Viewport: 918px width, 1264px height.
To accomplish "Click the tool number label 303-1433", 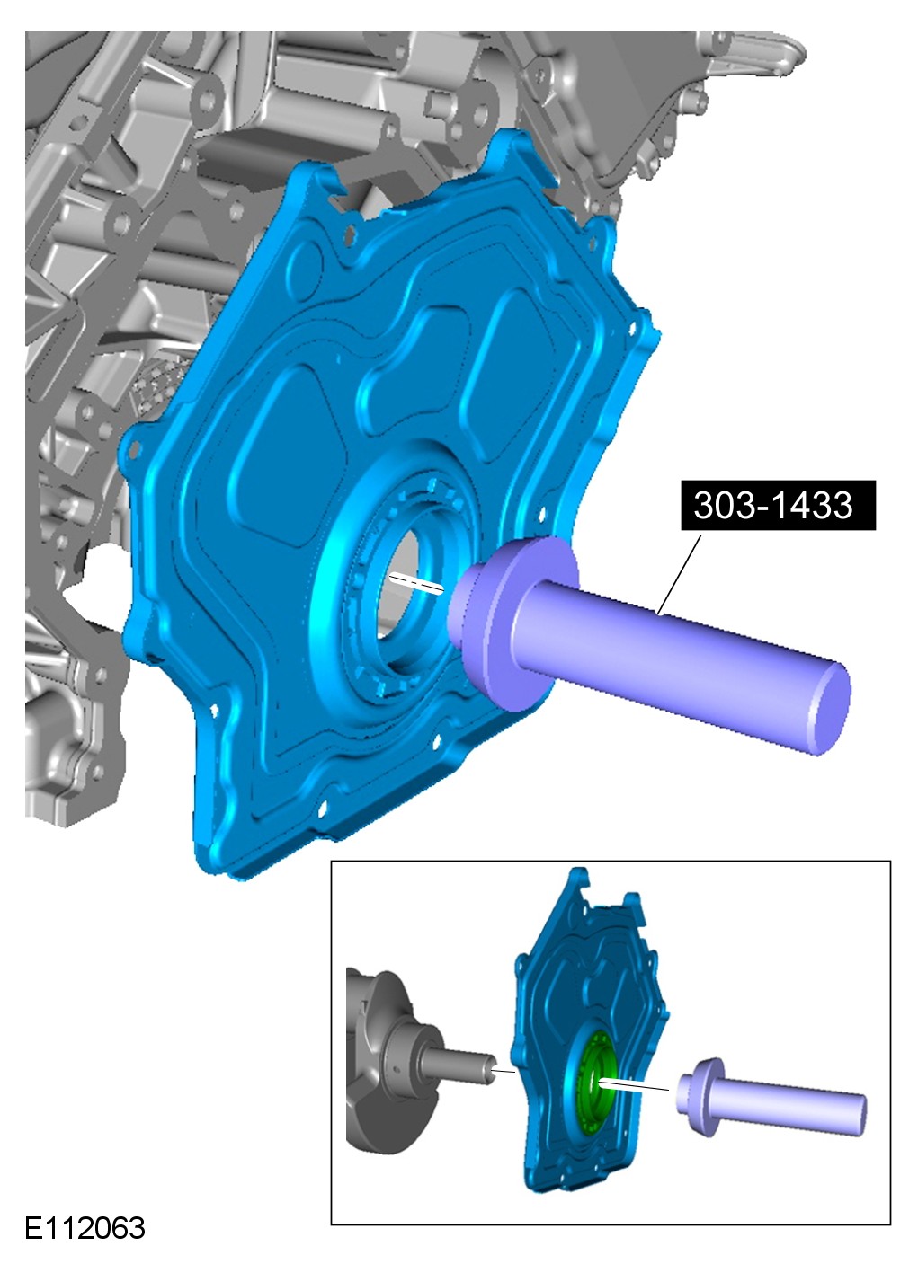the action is click(x=778, y=505).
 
